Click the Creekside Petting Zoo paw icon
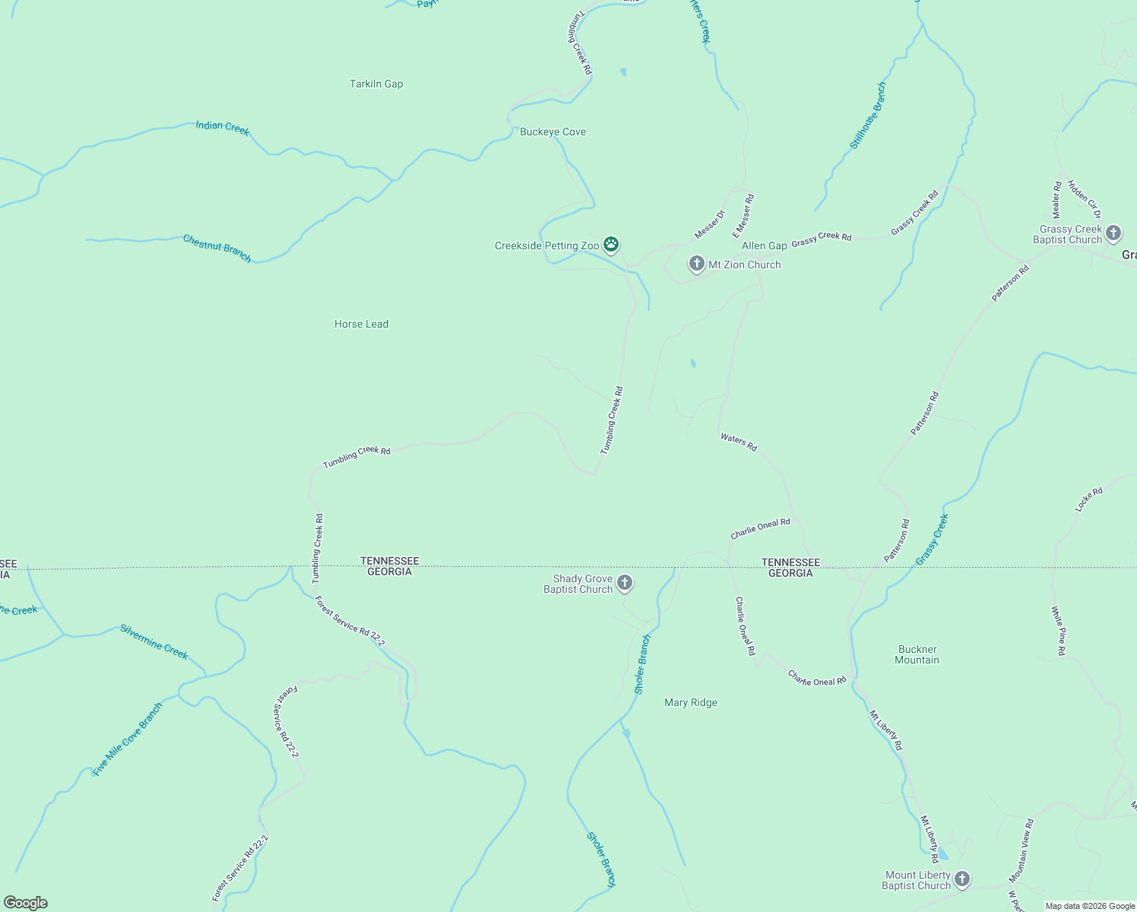[x=611, y=245]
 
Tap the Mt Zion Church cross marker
[x=696, y=264]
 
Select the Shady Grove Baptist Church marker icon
[x=624, y=583]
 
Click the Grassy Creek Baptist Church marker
[x=1113, y=233]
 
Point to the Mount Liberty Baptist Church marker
[x=961, y=879]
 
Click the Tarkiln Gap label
[x=376, y=84]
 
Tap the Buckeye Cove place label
[x=553, y=131]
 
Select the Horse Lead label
[x=361, y=324]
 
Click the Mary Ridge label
[x=690, y=702]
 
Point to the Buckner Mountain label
[x=917, y=654]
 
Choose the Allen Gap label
[x=764, y=245]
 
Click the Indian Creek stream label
[x=222, y=127]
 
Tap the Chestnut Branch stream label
[x=217, y=248]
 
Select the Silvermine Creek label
[x=154, y=641]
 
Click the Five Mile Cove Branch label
[x=127, y=739]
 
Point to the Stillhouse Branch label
[x=867, y=116]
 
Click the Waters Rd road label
[x=738, y=442]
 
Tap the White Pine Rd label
[x=1058, y=630]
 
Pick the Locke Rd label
[x=1088, y=499]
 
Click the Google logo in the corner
[x=26, y=902]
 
